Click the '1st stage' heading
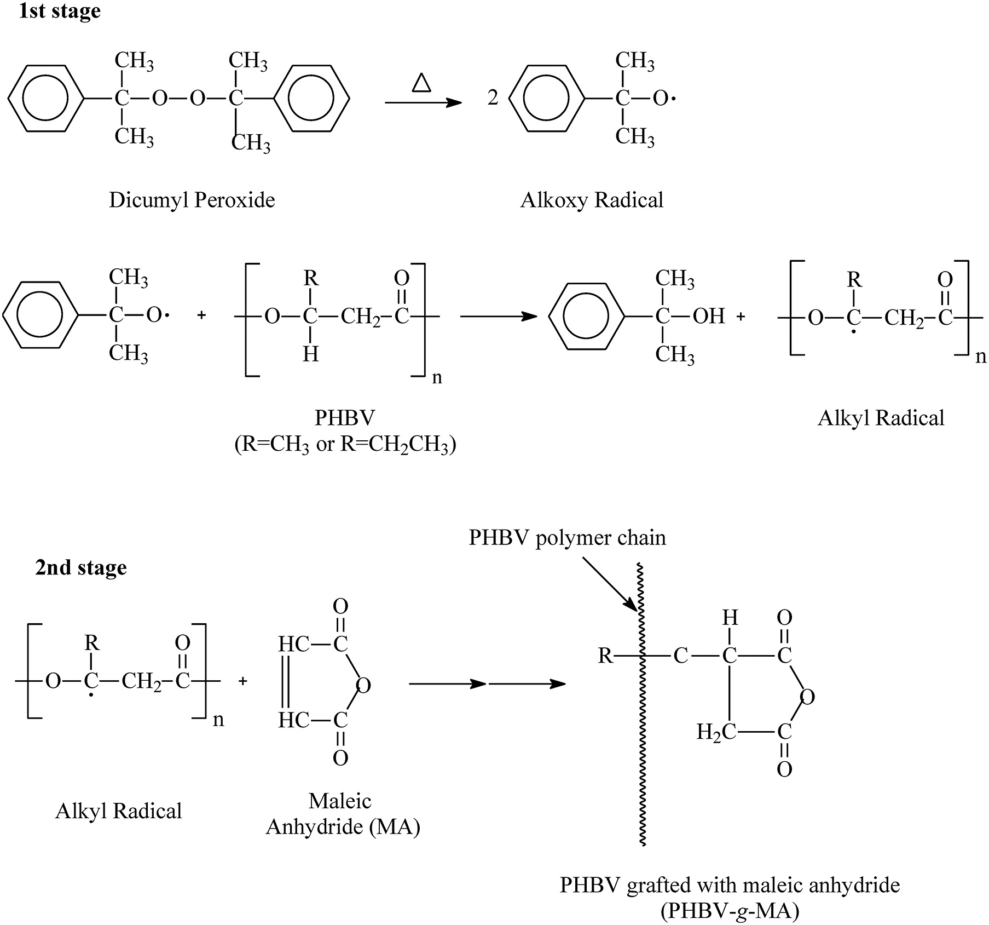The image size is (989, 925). coord(60,11)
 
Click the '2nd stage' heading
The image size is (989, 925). coord(81,567)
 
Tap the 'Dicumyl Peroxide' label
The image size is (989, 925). coord(192,200)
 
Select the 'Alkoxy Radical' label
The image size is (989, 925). coord(592,200)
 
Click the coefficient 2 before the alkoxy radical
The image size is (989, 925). coord(493,98)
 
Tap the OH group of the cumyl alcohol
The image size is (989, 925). coord(709,316)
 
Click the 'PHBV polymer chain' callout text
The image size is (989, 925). coord(568,538)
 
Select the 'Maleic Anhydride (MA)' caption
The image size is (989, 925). coord(343,814)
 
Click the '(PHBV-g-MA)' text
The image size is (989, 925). coord(730,911)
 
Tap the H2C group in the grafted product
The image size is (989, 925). coord(716,732)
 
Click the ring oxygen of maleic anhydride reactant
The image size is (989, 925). coord(363,685)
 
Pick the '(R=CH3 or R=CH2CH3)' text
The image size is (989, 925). coord(345,445)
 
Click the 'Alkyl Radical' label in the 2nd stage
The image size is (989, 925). coord(119,811)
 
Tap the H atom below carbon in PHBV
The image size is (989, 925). coord(310,355)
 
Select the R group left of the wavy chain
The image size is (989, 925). coord(605,656)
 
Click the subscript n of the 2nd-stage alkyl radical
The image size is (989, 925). coord(218,719)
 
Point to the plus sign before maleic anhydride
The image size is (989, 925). coord(243,681)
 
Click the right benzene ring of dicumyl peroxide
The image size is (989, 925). coord(311,99)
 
